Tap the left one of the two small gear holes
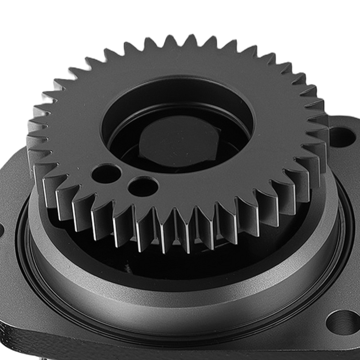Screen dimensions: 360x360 [106, 173]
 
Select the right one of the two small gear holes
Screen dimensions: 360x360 [143, 186]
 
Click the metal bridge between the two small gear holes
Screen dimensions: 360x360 [125, 180]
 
